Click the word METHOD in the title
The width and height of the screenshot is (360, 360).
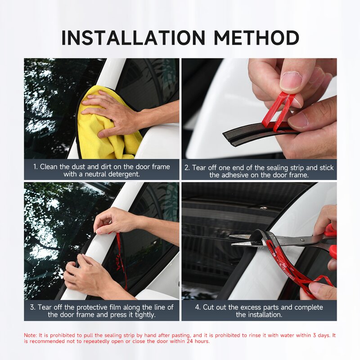[x=256, y=38]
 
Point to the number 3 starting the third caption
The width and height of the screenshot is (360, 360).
[x=32, y=307]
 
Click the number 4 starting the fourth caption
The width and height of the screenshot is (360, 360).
[x=198, y=307]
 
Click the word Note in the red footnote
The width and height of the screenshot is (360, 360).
[x=30, y=335]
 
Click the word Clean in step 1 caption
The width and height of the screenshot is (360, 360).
[x=49, y=167]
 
